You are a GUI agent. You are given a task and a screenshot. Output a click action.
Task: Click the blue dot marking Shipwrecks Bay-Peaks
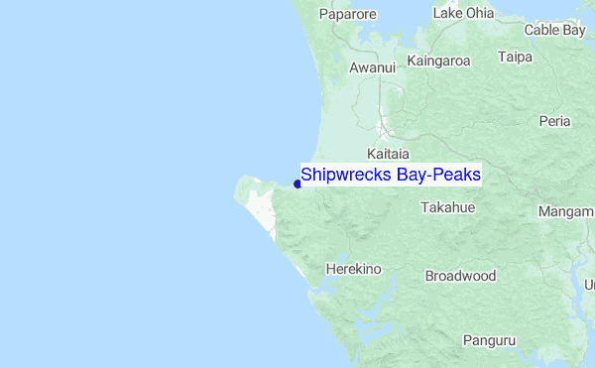point(297,183)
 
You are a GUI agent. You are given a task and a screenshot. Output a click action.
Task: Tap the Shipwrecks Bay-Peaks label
point(391,176)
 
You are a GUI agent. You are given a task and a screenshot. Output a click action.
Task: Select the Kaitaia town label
point(388,155)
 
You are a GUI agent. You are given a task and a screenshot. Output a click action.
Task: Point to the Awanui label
point(373,68)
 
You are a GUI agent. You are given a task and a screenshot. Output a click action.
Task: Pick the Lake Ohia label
point(463,14)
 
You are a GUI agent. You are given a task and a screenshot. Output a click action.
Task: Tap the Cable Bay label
point(555,31)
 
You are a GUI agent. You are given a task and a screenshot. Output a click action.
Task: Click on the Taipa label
point(516,58)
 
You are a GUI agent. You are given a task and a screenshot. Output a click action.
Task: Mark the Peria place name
point(553,121)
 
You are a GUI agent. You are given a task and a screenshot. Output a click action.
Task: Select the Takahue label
point(448,207)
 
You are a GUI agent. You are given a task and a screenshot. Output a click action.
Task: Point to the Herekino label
point(354,269)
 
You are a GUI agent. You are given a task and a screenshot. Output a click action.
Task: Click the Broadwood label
point(460,276)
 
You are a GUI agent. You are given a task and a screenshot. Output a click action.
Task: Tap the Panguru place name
point(489,340)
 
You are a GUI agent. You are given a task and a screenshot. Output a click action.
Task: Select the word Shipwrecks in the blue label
point(340,176)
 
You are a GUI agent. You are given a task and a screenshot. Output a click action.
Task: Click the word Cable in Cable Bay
point(542,31)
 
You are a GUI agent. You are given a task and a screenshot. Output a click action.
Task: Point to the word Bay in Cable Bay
point(574,31)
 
